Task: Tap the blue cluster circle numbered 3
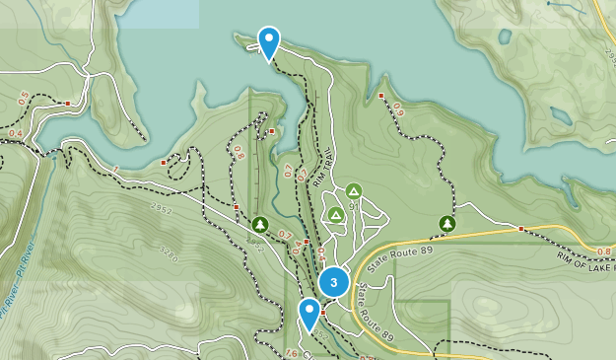(334, 283)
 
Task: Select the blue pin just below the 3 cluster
(309, 315)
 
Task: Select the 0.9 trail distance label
(398, 109)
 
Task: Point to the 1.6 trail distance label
(294, 352)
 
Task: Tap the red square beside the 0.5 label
(67, 104)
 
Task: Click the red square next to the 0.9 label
(381, 96)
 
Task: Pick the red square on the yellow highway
(522, 229)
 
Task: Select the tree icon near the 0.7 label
(259, 225)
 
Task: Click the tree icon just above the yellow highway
(446, 225)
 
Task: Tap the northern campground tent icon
(354, 190)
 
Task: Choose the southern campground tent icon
(335, 213)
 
